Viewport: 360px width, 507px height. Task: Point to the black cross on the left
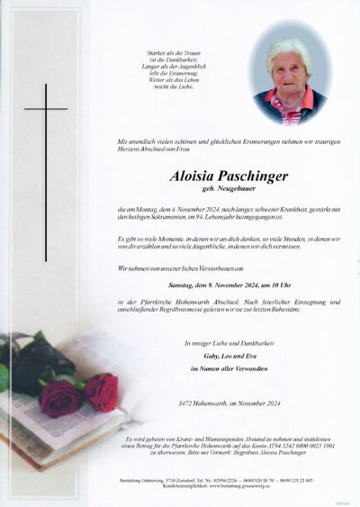(45, 171)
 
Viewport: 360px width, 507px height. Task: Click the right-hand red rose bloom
(101, 393)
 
